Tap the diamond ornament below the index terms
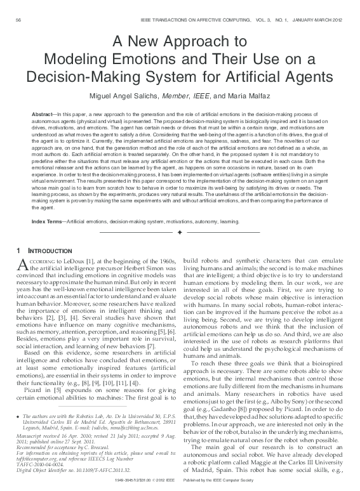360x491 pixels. [x=180, y=233]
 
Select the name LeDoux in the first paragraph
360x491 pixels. [x=78, y=261]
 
